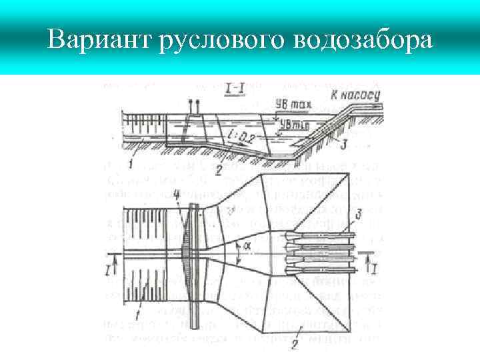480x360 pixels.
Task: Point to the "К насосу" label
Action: (x=355, y=95)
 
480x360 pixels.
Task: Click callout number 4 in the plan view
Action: (x=175, y=195)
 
